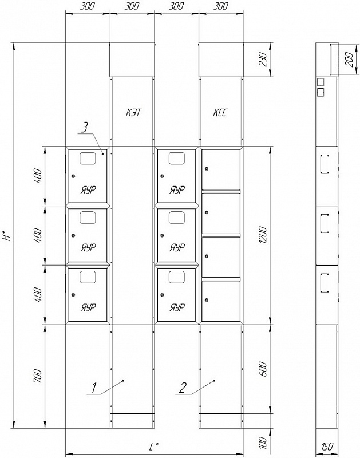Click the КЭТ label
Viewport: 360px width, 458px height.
133,113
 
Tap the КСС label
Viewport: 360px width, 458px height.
219,113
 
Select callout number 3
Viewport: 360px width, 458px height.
84,128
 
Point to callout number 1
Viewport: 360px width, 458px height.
94,388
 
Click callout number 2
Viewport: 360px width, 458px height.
183,388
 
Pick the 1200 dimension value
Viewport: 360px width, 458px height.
263,235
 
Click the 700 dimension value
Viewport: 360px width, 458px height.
38,376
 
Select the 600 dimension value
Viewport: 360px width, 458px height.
263,369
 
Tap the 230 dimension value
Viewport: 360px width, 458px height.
263,60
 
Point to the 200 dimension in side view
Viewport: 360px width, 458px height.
350,60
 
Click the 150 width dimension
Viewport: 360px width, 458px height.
327,447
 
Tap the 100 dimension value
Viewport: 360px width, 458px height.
263,443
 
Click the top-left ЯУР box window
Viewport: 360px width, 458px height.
88,158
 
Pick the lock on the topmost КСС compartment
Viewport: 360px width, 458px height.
207,169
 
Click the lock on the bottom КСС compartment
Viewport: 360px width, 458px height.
207,300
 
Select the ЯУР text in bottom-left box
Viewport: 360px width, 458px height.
88,307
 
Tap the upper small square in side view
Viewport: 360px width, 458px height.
321,81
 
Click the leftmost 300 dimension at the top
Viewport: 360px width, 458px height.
88,6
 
